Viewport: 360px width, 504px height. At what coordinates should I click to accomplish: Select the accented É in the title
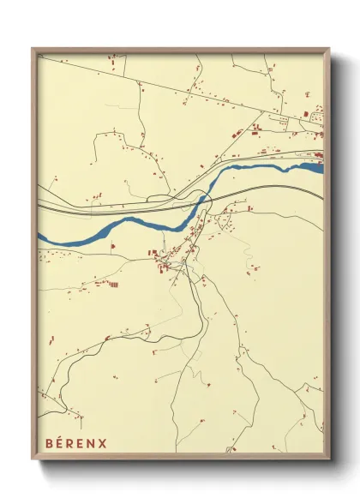60,443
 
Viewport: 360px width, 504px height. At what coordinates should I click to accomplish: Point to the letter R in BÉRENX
71,443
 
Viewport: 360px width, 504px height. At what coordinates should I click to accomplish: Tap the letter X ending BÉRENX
104,443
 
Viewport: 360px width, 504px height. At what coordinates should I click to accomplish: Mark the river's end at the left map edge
39,235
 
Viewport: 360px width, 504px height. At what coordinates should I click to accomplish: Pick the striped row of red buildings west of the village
113,284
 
